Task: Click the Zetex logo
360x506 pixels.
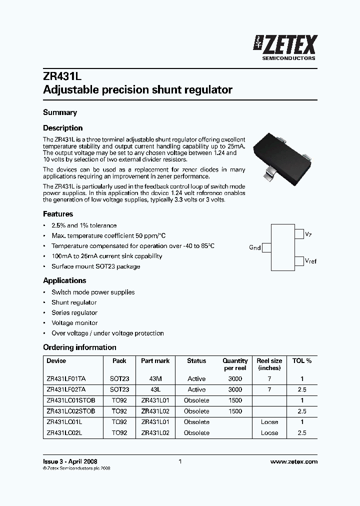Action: (x=286, y=47)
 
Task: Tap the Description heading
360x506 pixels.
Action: (x=62, y=128)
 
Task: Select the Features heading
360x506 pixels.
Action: (x=58, y=214)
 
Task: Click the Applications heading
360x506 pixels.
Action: (x=64, y=280)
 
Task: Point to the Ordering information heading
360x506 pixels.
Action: (x=79, y=347)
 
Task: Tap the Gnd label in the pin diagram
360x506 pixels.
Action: (x=254, y=247)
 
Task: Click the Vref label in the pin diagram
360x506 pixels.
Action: (x=310, y=261)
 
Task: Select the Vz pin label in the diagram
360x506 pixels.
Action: (x=308, y=234)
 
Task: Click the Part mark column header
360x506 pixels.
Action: (x=155, y=360)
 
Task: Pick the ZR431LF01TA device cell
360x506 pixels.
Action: (x=66, y=379)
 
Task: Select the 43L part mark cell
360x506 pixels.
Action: (x=155, y=389)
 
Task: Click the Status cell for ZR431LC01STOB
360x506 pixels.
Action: (x=196, y=400)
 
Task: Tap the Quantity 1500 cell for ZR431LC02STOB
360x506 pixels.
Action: (x=235, y=411)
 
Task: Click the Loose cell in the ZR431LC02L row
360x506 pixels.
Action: (x=269, y=432)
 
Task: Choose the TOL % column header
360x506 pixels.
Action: (x=301, y=360)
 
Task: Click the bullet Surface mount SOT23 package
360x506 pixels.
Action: (x=95, y=266)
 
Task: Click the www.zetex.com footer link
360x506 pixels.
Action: (x=293, y=462)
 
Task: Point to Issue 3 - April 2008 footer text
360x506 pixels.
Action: (x=70, y=462)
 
